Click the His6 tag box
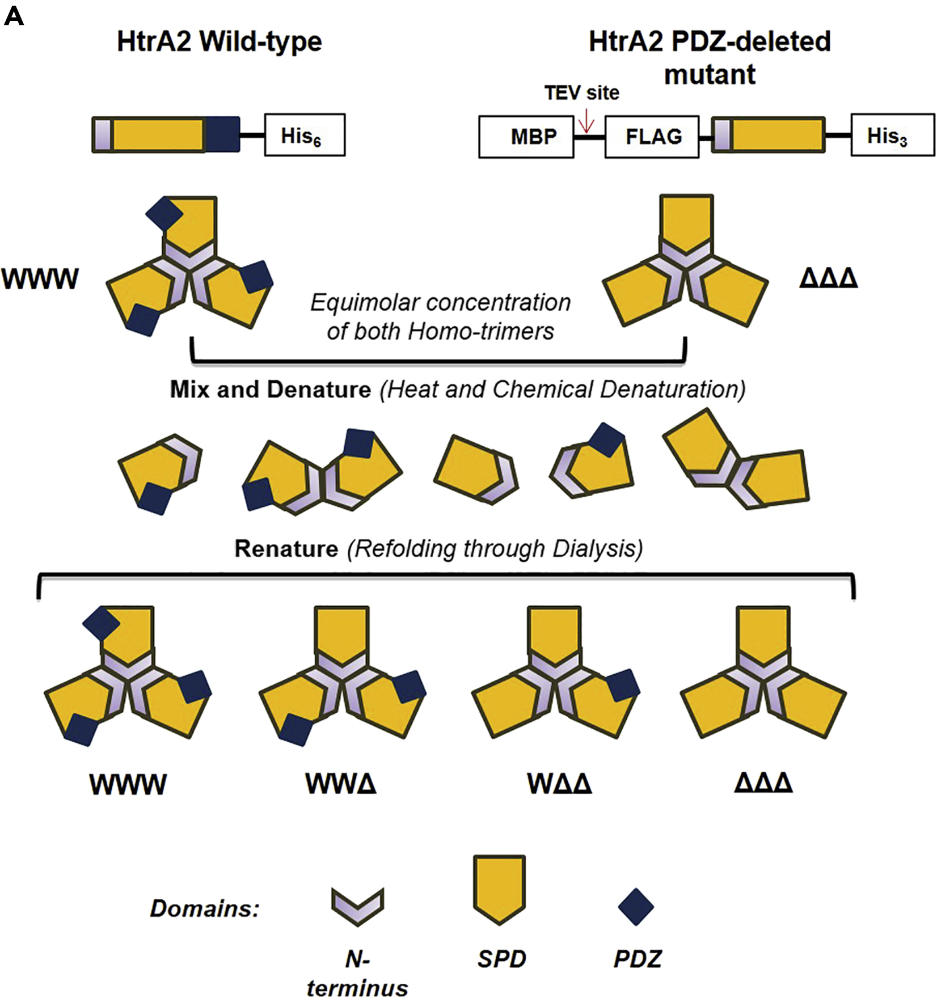click(305, 136)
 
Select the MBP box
click(526, 137)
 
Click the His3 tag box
click(892, 136)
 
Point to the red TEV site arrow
click(586, 121)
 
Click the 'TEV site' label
click(582, 92)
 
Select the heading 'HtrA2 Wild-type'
click(220, 41)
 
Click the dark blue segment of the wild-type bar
click(222, 135)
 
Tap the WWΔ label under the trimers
click(341, 784)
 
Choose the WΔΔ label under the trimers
click(559, 784)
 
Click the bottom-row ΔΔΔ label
click(763, 783)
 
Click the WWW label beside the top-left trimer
click(40, 279)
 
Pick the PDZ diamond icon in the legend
click(636, 907)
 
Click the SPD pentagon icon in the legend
click(499, 888)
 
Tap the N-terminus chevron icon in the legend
click(358, 906)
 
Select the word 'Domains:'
click(205, 908)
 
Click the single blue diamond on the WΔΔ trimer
click(623, 685)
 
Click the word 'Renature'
click(286, 549)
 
